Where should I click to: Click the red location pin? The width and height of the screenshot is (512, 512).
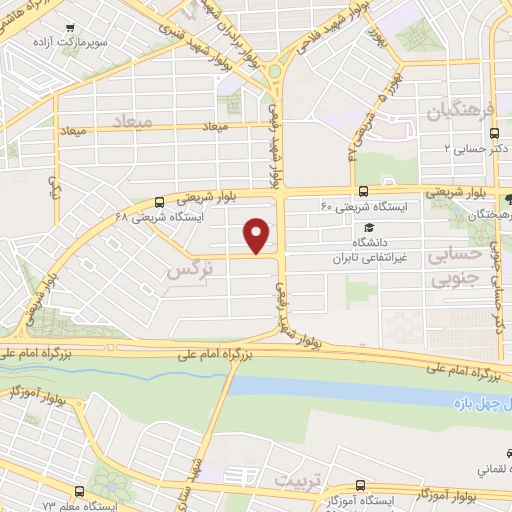pyautogui.click(x=258, y=235)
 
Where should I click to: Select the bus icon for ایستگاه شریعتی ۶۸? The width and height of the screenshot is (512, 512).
pyautogui.click(x=160, y=202)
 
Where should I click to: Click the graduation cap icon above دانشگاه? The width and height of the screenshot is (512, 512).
pyautogui.click(x=370, y=229)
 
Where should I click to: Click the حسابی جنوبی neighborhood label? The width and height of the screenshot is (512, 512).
pyautogui.click(x=455, y=267)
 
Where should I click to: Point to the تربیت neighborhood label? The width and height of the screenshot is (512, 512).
pyautogui.click(x=301, y=480)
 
